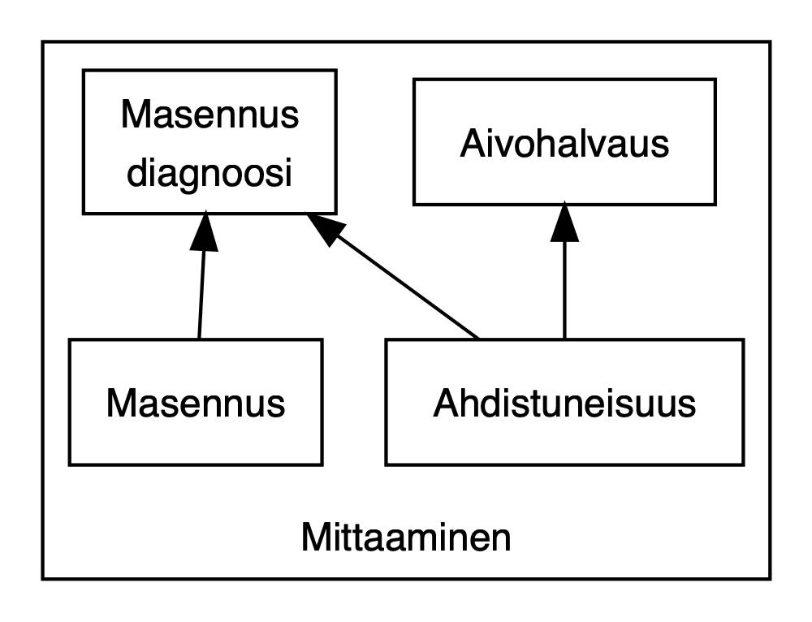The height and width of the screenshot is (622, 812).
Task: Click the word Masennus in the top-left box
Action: (209, 114)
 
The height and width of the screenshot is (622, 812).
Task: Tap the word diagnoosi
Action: (209, 172)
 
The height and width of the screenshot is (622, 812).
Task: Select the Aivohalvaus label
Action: (564, 144)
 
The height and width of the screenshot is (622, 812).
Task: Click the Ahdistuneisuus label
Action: (564, 403)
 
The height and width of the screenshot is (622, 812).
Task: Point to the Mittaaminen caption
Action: (406, 538)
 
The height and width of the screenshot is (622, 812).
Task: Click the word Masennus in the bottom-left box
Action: (196, 403)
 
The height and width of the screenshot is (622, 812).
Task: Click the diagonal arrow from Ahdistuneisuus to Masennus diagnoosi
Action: (406, 284)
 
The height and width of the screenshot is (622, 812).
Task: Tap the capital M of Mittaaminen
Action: (315, 538)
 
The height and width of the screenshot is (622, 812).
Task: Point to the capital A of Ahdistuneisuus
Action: (445, 403)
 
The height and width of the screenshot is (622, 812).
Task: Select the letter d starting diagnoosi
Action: (136, 172)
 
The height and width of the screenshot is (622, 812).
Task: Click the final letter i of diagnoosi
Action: (287, 172)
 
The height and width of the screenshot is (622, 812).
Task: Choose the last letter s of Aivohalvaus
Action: (661, 145)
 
